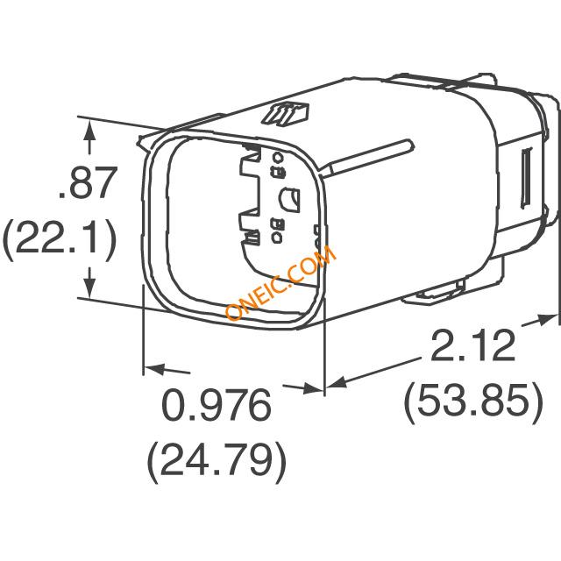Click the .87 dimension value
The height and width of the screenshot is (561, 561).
click(x=89, y=182)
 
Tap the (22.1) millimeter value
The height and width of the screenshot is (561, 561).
click(x=60, y=238)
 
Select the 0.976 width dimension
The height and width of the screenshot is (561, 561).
click(x=217, y=404)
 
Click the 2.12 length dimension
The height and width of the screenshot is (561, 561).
click(x=473, y=345)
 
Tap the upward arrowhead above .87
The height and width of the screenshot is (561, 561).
click(x=89, y=131)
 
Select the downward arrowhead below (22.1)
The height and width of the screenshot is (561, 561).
click(x=89, y=288)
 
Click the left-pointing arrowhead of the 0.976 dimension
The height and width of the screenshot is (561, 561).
click(x=154, y=369)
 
